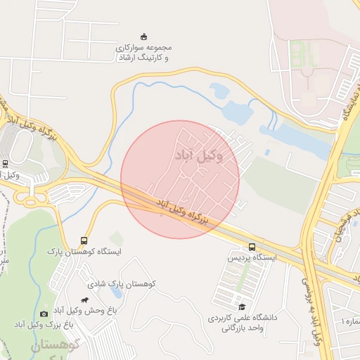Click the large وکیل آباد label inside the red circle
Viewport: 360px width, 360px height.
point(200,155)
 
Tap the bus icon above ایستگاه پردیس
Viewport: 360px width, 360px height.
point(252,247)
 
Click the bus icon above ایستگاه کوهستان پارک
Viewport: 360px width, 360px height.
point(84,240)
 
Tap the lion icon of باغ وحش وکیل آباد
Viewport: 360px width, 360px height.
point(85,300)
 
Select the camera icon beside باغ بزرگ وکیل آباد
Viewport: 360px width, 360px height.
point(44,314)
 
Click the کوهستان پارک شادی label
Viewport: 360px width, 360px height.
point(121,283)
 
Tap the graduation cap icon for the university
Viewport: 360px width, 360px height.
point(242,307)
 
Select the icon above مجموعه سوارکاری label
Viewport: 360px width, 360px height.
point(144,37)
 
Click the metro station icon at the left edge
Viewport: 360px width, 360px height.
point(5,164)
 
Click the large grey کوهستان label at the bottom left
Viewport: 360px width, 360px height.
point(53,346)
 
